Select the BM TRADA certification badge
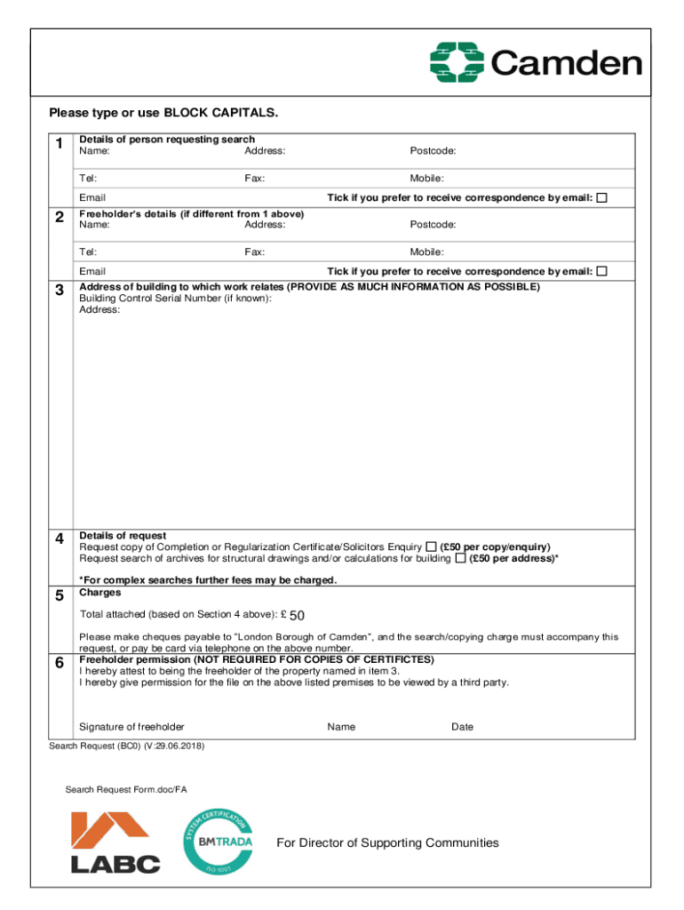click(x=219, y=841)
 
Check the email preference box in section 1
click(x=602, y=197)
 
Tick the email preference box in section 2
click(x=602, y=271)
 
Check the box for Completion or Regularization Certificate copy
click(x=431, y=546)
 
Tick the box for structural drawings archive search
click(x=460, y=558)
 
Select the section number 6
click(x=59, y=664)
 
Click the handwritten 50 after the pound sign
click(x=298, y=616)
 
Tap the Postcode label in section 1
click(x=433, y=151)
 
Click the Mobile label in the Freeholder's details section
click(x=426, y=252)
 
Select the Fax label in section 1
click(x=254, y=179)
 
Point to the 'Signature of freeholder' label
click(x=131, y=727)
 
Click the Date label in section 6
click(x=462, y=727)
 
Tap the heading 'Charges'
click(x=99, y=592)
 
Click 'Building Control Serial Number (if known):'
click(x=175, y=299)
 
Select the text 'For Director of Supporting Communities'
click(x=387, y=842)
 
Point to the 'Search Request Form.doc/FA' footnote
click(x=126, y=789)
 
